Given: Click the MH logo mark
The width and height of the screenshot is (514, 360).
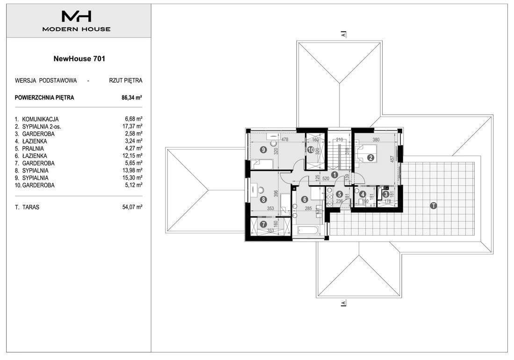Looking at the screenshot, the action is pos(76,16).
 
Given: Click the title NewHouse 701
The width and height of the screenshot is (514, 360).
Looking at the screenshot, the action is pos(79,58).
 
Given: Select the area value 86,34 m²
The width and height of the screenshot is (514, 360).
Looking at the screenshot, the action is pos(132,97).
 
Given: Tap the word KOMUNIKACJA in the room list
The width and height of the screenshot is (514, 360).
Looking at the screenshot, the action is pos(40,119).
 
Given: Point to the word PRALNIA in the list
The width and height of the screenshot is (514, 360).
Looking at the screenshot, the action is pos(33,149).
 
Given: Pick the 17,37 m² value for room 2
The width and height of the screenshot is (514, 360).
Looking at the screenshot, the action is pos(132,126).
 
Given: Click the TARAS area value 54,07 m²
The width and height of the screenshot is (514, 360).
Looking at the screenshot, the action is pos(132,207).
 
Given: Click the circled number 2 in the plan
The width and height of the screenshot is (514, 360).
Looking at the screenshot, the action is pos(371,158).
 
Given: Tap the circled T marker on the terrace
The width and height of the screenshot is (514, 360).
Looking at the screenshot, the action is pos(434,206).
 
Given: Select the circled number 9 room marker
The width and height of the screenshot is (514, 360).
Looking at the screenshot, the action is pos(263,150).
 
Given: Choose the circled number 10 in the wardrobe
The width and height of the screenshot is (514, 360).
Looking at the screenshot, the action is pos(311,150).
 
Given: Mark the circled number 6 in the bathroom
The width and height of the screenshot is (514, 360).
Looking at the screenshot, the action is pos(304,200).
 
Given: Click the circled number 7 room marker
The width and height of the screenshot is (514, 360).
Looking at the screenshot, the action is pos(263,225).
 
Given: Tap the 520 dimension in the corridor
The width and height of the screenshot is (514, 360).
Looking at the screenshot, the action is pos(326,179).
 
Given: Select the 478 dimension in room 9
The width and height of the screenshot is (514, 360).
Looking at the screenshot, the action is pos(284,139).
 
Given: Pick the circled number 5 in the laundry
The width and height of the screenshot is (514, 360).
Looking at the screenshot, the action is pos(340,194).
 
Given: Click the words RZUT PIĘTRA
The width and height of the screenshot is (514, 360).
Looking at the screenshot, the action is pos(126,80).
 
